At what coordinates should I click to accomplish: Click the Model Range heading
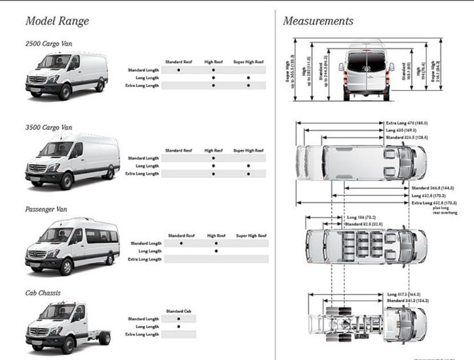tap(57, 22)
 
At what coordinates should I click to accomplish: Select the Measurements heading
tap(318, 22)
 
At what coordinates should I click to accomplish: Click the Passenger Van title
tap(46, 210)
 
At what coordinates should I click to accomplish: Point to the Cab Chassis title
tap(43, 293)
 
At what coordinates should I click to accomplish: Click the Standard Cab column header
tap(178, 311)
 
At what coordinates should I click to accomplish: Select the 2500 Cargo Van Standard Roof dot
tap(179, 70)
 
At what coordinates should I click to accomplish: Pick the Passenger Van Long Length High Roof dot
tap(216, 251)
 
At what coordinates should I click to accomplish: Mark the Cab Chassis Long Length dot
tap(179, 327)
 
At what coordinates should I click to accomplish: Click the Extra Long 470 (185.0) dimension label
tap(407, 123)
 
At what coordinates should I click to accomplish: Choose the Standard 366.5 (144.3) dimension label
tap(432, 188)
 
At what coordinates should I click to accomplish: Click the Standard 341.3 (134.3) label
tap(407, 301)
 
